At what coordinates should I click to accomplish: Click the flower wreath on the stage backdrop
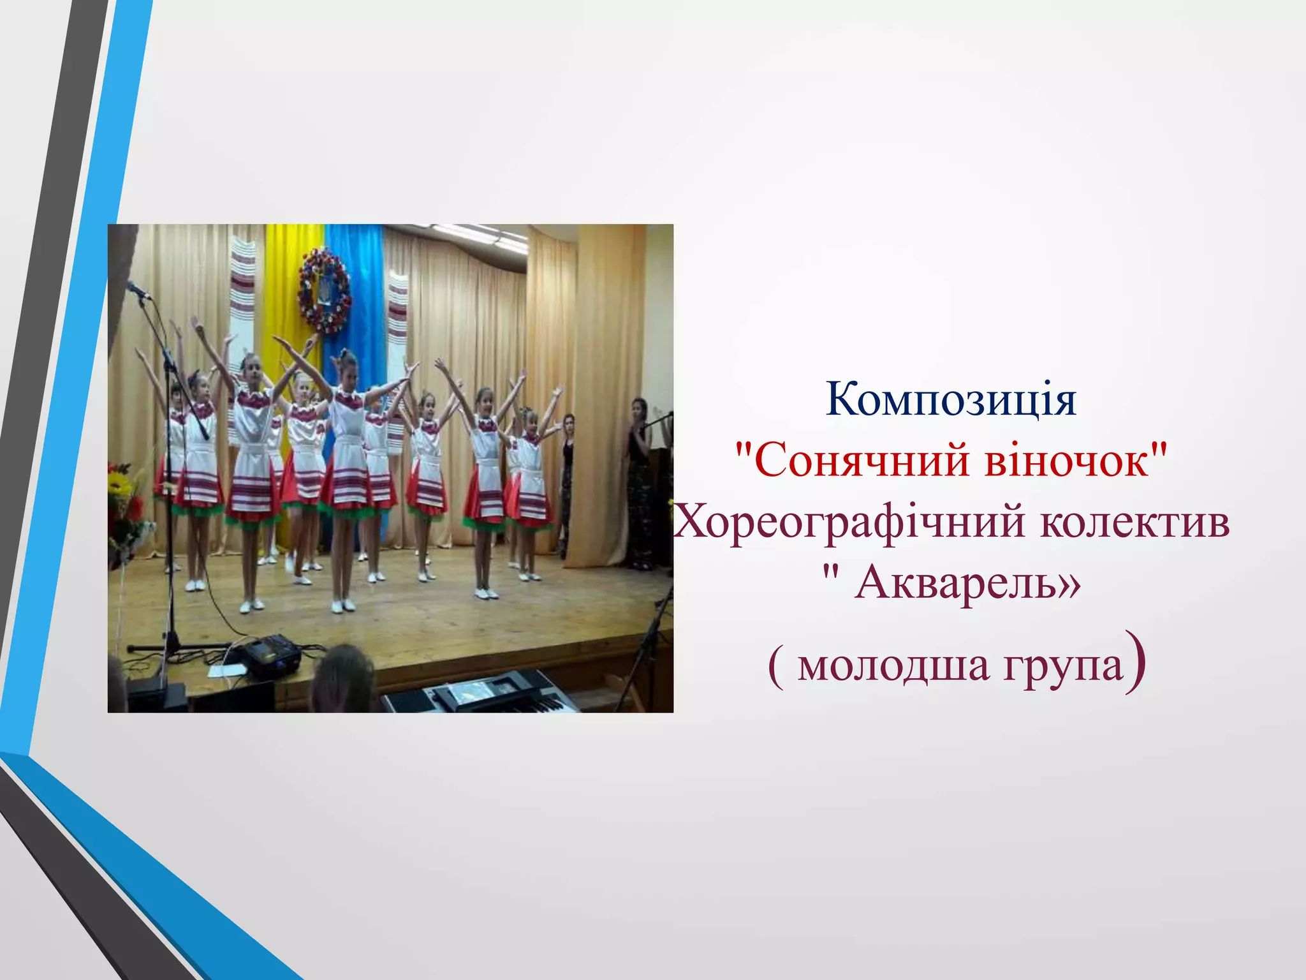pyautogui.click(x=324, y=290)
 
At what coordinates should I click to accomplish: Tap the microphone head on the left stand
pyautogui.click(x=137, y=290)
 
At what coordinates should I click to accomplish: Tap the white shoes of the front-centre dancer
pyautogui.click(x=343, y=605)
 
